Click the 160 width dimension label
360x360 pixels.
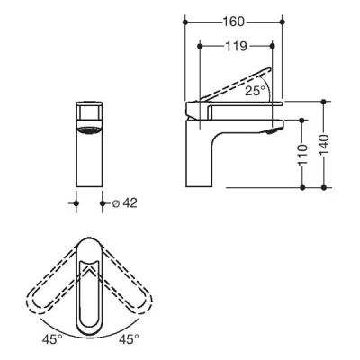[235, 20]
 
